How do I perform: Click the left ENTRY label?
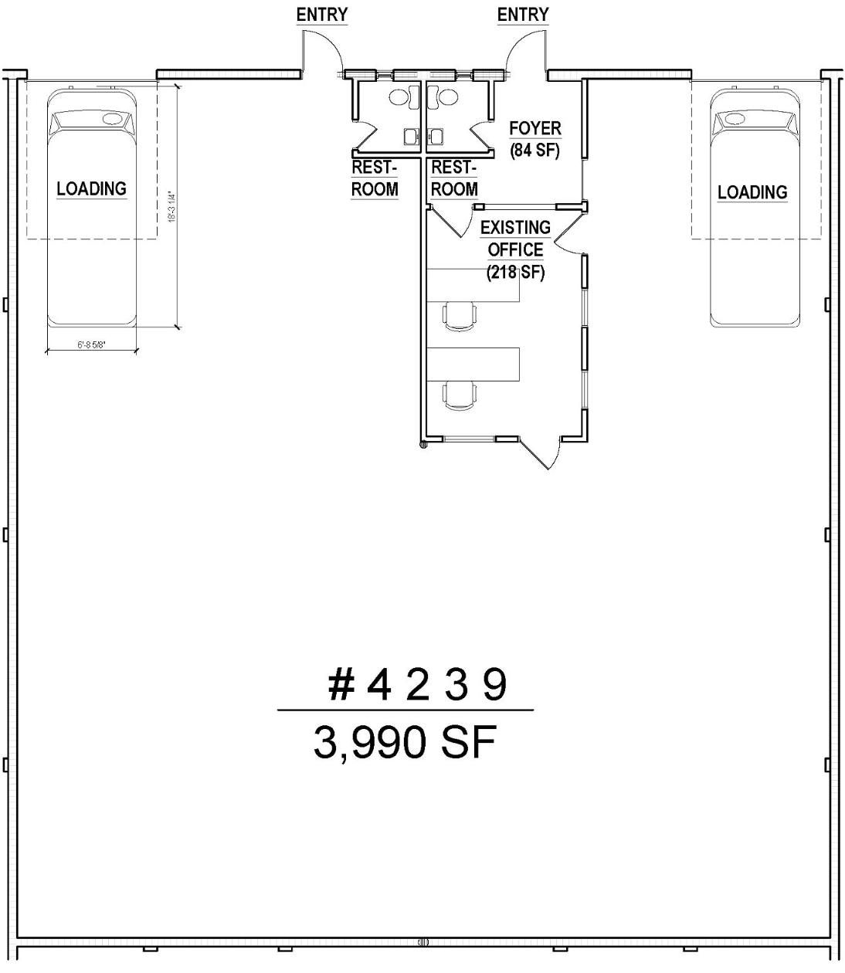click(322, 15)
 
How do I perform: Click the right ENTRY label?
click(523, 15)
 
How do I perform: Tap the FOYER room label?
click(534, 128)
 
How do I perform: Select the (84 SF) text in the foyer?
click(534, 151)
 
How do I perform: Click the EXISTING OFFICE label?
click(515, 239)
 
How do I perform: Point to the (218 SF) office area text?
click(515, 273)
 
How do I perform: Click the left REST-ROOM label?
click(375, 178)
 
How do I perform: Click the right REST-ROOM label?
click(454, 178)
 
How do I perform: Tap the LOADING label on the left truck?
click(91, 188)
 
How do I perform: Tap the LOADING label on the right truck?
click(752, 192)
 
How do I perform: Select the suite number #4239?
click(417, 684)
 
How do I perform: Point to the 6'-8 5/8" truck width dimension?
click(91, 347)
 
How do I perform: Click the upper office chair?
click(460, 315)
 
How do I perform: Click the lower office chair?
click(460, 395)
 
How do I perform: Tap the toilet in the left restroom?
click(399, 97)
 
